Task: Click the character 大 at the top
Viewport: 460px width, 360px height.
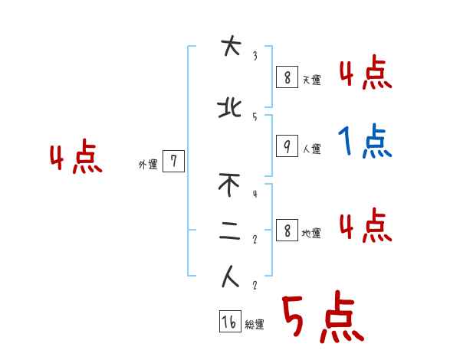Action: (228, 48)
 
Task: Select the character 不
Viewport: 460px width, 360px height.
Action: (229, 185)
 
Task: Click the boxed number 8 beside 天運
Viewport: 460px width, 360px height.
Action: (287, 77)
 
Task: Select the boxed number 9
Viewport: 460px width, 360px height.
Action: (287, 146)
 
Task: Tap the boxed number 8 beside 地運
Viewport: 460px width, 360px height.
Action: (287, 230)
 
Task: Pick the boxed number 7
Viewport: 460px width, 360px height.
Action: (174, 161)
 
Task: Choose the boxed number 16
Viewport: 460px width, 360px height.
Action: (229, 322)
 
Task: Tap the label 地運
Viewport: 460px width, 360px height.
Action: (311, 234)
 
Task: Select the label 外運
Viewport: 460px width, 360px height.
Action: (148, 164)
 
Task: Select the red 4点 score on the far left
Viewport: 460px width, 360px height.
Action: (76, 159)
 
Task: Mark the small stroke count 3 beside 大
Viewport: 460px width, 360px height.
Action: (255, 56)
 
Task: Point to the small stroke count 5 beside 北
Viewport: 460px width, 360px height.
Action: (255, 116)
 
